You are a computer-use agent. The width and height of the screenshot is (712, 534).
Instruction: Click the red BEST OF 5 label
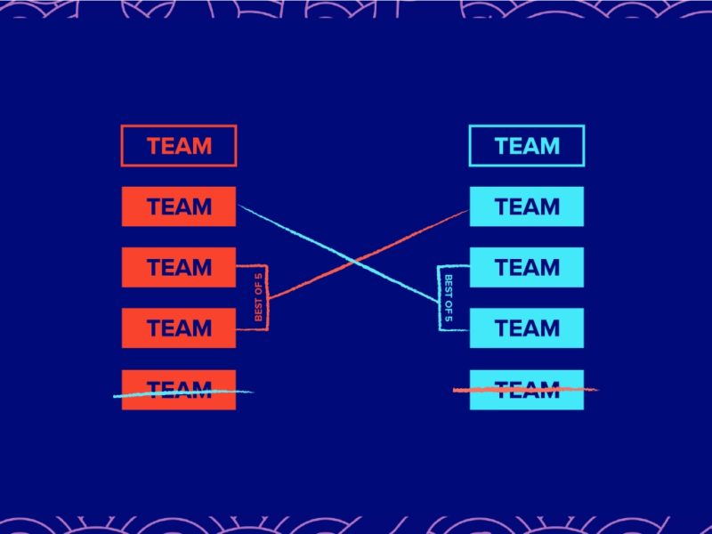258,297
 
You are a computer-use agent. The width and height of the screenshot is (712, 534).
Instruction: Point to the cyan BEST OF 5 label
449,297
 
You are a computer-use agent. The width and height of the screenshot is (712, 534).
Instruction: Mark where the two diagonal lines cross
355,262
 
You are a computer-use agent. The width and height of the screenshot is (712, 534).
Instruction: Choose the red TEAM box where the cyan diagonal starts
179,206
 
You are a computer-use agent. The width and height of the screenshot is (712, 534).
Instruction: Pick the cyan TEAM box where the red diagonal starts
526,206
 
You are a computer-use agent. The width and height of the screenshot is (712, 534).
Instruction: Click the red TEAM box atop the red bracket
179,267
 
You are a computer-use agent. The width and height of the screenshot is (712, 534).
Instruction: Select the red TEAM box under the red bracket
179,328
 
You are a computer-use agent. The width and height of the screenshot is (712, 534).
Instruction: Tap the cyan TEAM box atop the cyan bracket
526,267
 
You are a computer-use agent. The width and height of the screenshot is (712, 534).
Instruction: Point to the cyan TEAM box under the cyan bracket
526,328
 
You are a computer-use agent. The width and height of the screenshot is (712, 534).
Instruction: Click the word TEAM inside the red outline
179,146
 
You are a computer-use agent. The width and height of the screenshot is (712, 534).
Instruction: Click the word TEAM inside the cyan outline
527,146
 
